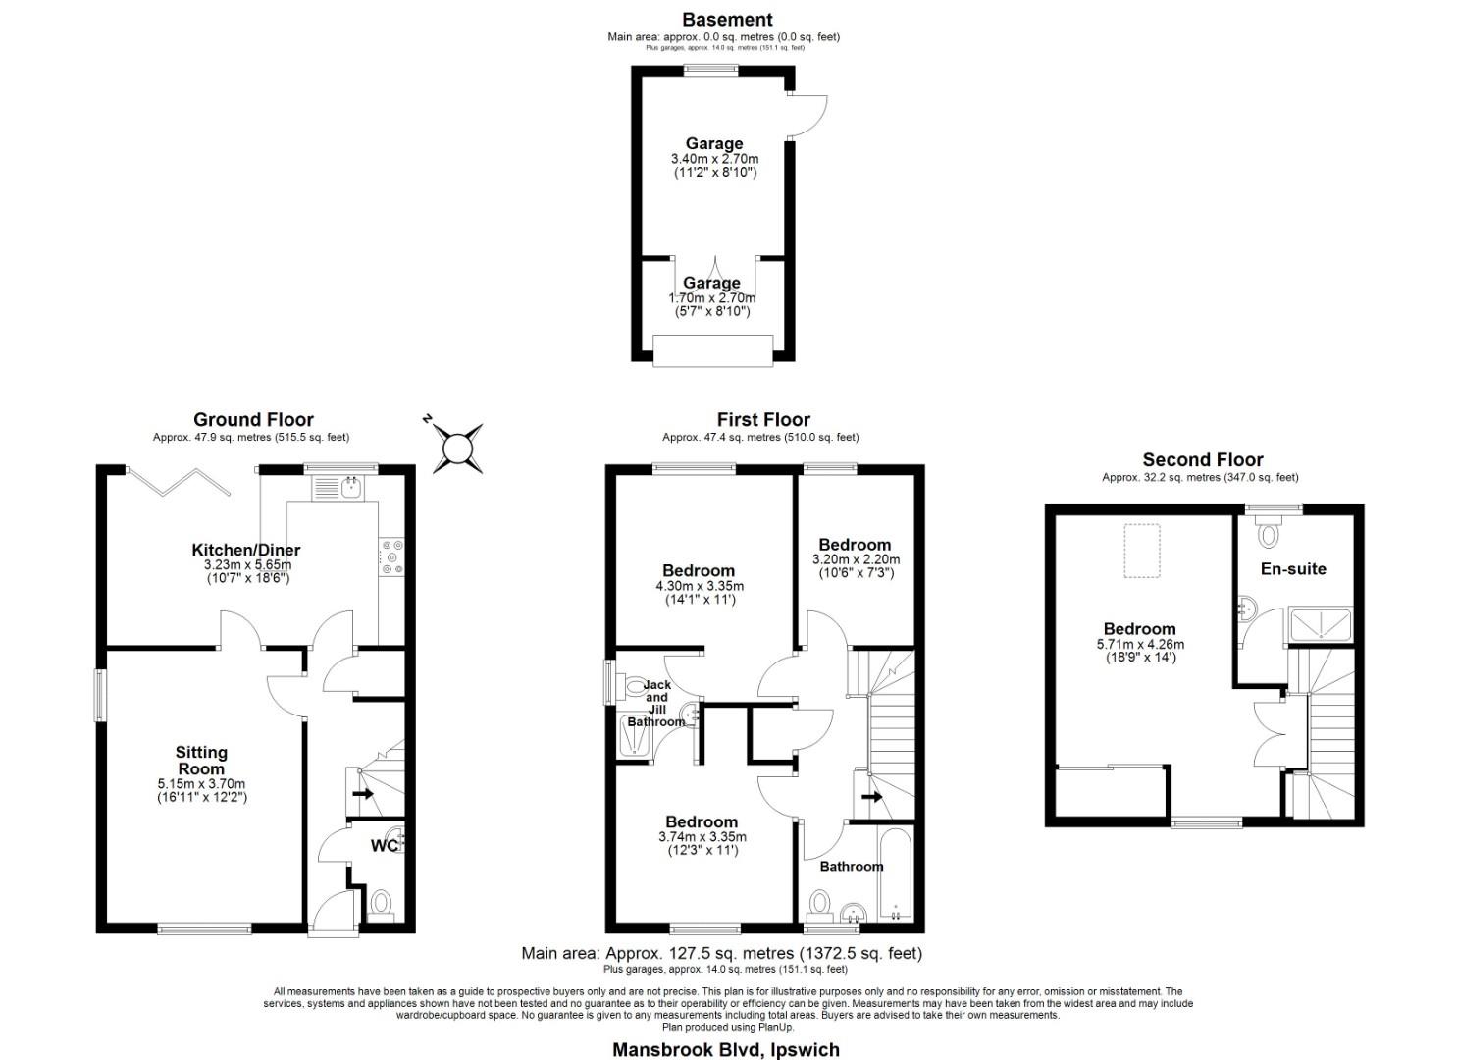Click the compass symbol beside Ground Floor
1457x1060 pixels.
(x=456, y=448)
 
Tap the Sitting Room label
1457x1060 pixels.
(x=201, y=760)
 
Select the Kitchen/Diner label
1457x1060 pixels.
(x=246, y=550)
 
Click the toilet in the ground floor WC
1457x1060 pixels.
(x=380, y=903)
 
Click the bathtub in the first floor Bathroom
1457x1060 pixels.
(x=895, y=874)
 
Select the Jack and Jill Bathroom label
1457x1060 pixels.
(x=656, y=703)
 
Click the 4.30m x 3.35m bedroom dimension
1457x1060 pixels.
(x=699, y=586)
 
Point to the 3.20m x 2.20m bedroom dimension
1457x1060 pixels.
(x=855, y=559)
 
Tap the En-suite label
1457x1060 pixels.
(x=1293, y=569)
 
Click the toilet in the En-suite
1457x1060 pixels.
(x=1270, y=534)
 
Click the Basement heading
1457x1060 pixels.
(x=727, y=20)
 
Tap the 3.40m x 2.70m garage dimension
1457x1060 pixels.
(x=714, y=159)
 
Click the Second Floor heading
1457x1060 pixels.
(x=1202, y=460)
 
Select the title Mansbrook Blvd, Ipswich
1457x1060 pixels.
(x=726, y=1049)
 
